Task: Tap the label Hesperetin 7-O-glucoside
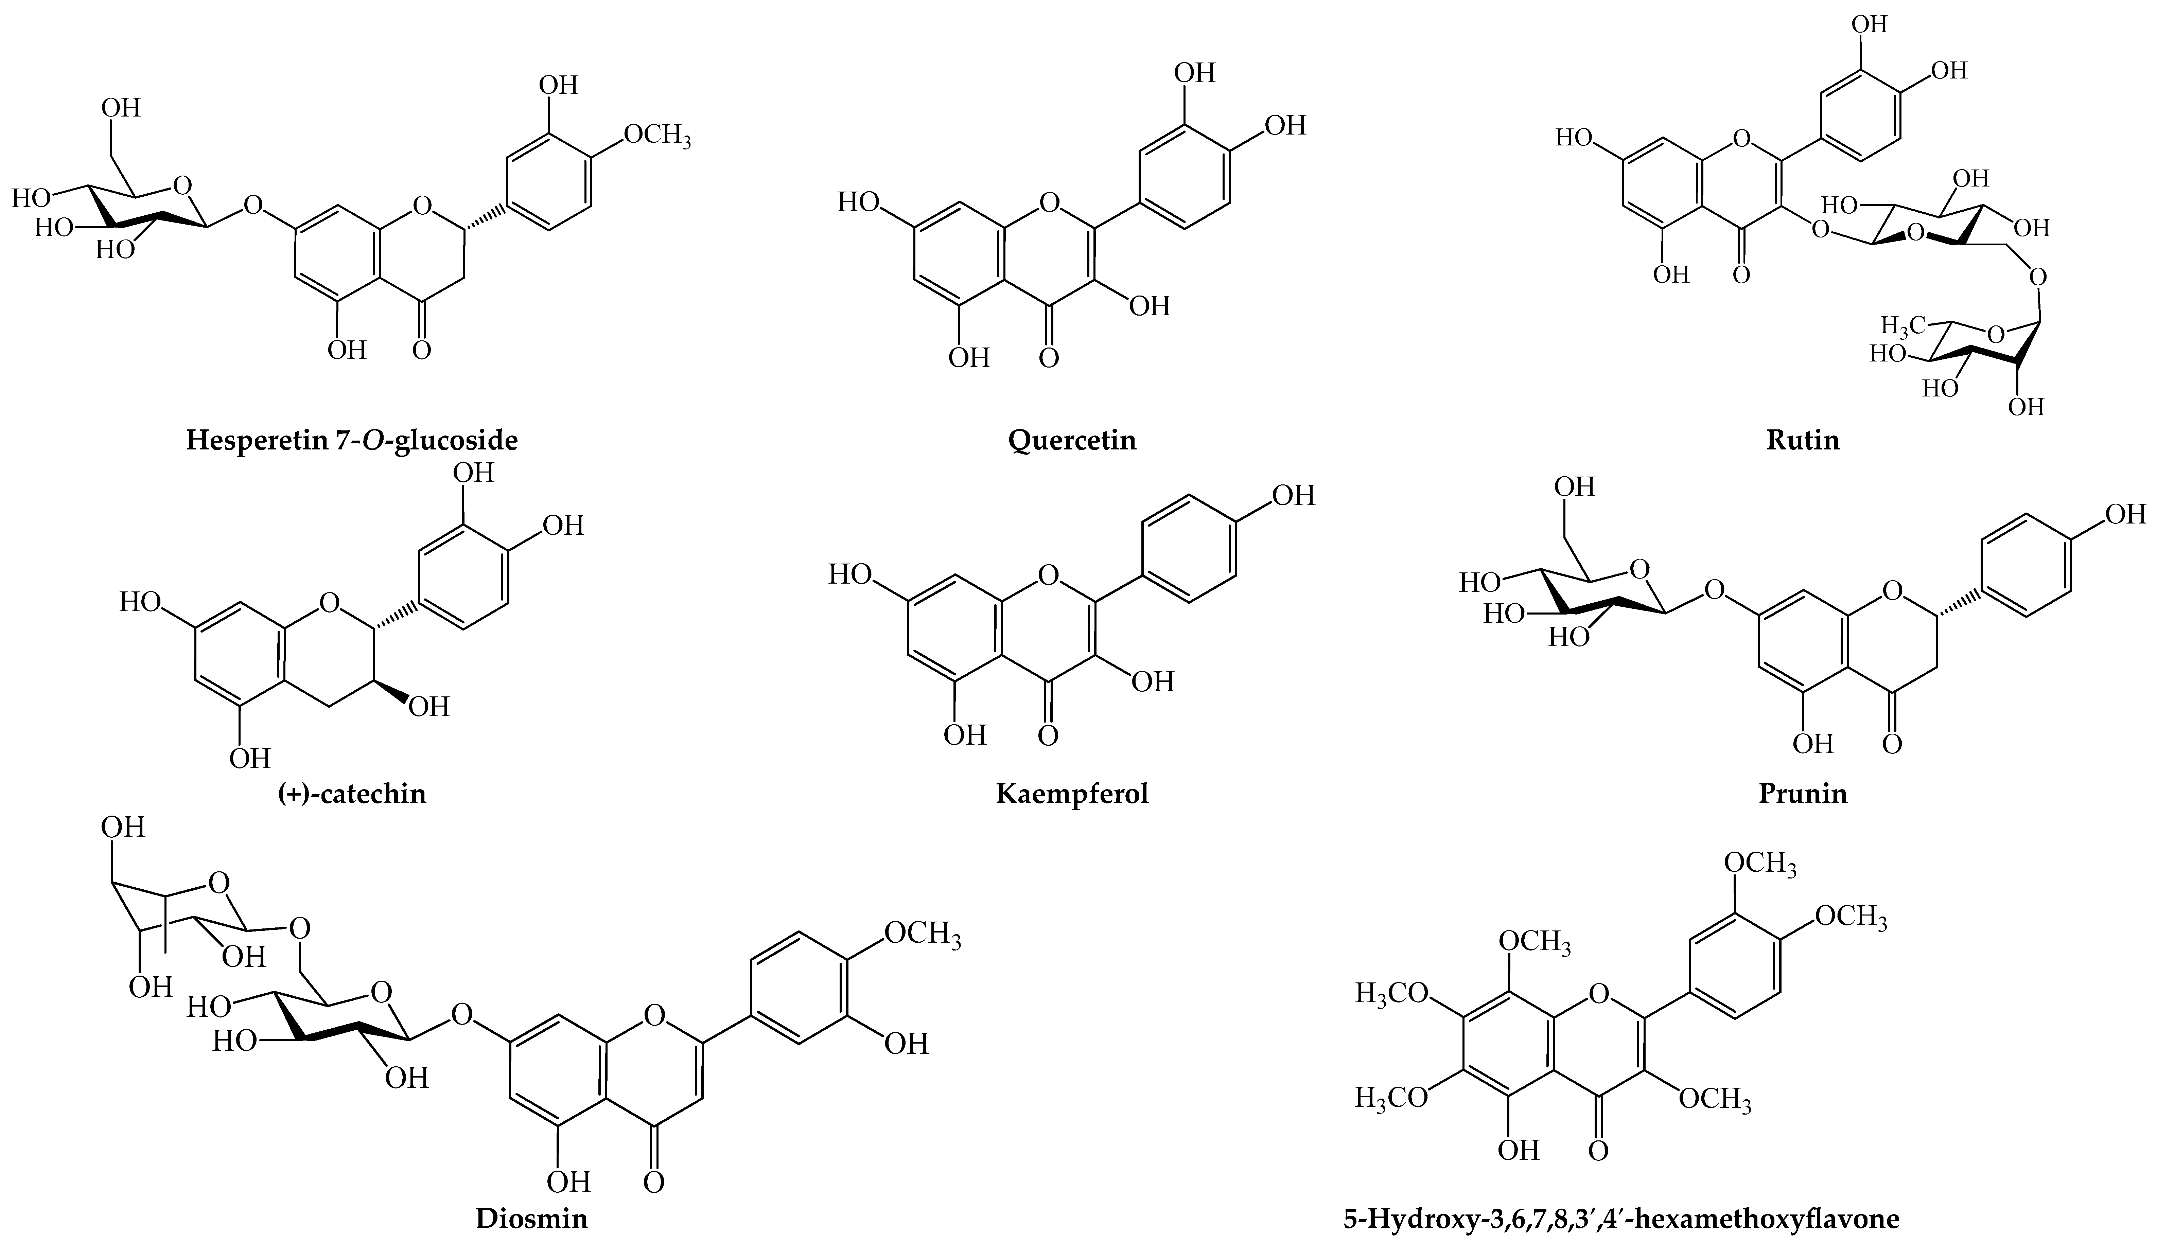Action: pos(352,441)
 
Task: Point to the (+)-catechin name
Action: pos(352,794)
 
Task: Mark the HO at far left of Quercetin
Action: pos(858,202)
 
